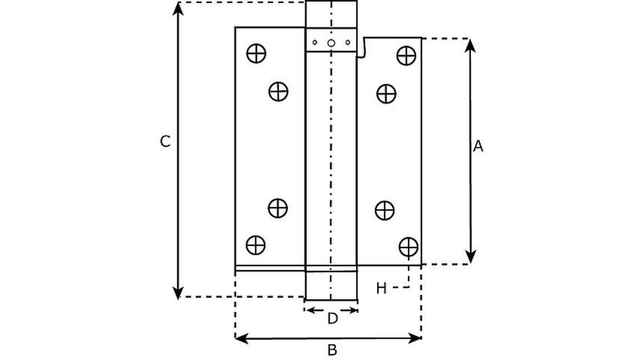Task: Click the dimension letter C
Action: point(165,141)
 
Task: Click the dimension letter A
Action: point(478,146)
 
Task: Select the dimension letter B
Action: point(332,350)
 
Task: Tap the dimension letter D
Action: point(332,319)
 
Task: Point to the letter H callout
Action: point(381,289)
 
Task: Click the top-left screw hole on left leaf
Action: point(256,53)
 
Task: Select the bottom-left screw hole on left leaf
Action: point(255,245)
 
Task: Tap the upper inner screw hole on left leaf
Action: point(278,92)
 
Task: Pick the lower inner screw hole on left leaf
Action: point(278,208)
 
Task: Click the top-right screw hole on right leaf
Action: point(406,56)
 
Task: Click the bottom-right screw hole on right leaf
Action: point(408,246)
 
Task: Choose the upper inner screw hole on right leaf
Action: point(386,94)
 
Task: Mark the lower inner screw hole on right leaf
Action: point(384,210)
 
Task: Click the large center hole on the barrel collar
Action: point(331,43)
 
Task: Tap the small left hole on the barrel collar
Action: point(315,42)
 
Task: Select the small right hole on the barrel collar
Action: point(348,42)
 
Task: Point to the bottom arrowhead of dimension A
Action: point(470,257)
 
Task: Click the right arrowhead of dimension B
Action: point(414,338)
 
